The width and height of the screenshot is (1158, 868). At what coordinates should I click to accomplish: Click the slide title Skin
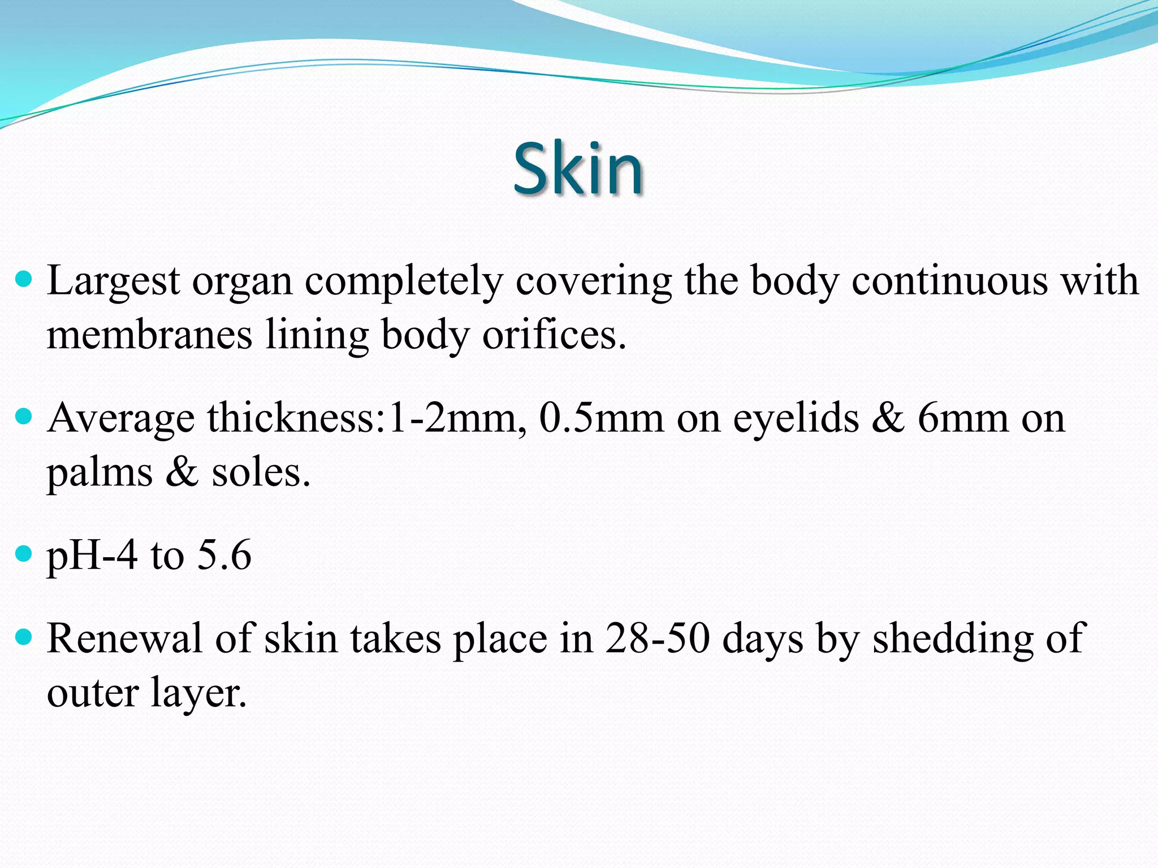(578, 168)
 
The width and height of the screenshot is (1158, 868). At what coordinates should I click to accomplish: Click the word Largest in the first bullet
(113, 281)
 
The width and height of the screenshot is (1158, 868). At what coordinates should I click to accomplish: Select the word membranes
(149, 335)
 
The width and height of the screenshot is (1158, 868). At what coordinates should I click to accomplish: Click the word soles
(260, 472)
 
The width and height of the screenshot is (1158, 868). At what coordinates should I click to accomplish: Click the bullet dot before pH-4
(24, 554)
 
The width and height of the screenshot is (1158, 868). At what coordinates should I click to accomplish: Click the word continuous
(950, 281)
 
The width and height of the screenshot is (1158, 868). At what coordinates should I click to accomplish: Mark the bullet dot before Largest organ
(24, 279)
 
